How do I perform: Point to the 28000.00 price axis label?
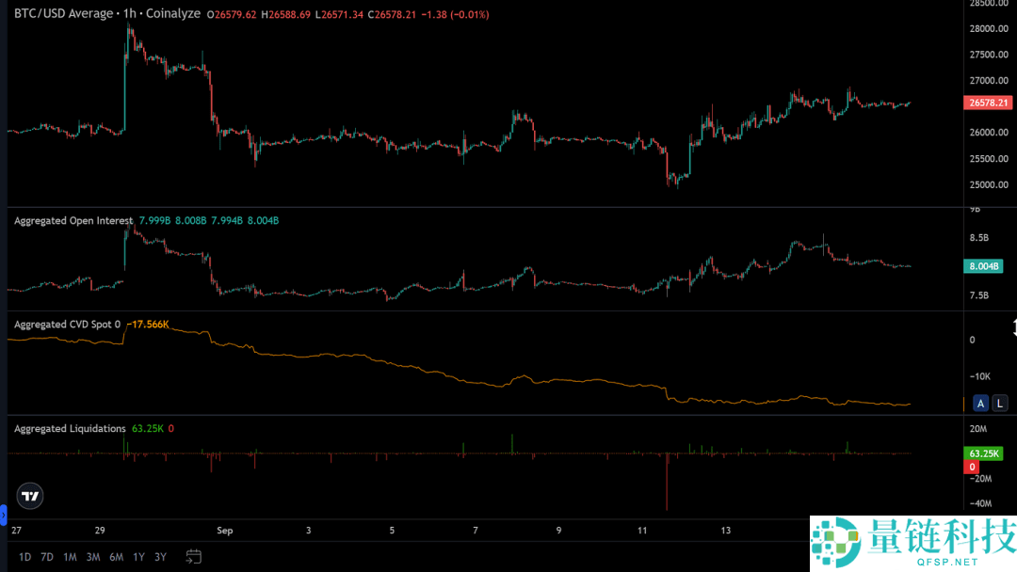click(x=990, y=29)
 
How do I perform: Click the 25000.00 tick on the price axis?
click(x=990, y=184)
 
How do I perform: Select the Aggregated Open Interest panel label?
click(x=73, y=220)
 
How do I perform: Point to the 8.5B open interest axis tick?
click(x=979, y=239)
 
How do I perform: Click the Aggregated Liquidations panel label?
click(x=70, y=428)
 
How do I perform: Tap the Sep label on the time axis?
click(x=225, y=531)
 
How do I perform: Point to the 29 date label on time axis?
click(x=99, y=531)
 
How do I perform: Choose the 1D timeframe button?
click(x=25, y=557)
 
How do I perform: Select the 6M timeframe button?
click(x=116, y=557)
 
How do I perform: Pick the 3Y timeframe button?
click(x=161, y=557)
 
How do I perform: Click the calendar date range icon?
click(x=194, y=556)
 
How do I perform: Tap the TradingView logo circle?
click(x=30, y=496)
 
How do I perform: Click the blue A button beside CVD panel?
click(x=980, y=404)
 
